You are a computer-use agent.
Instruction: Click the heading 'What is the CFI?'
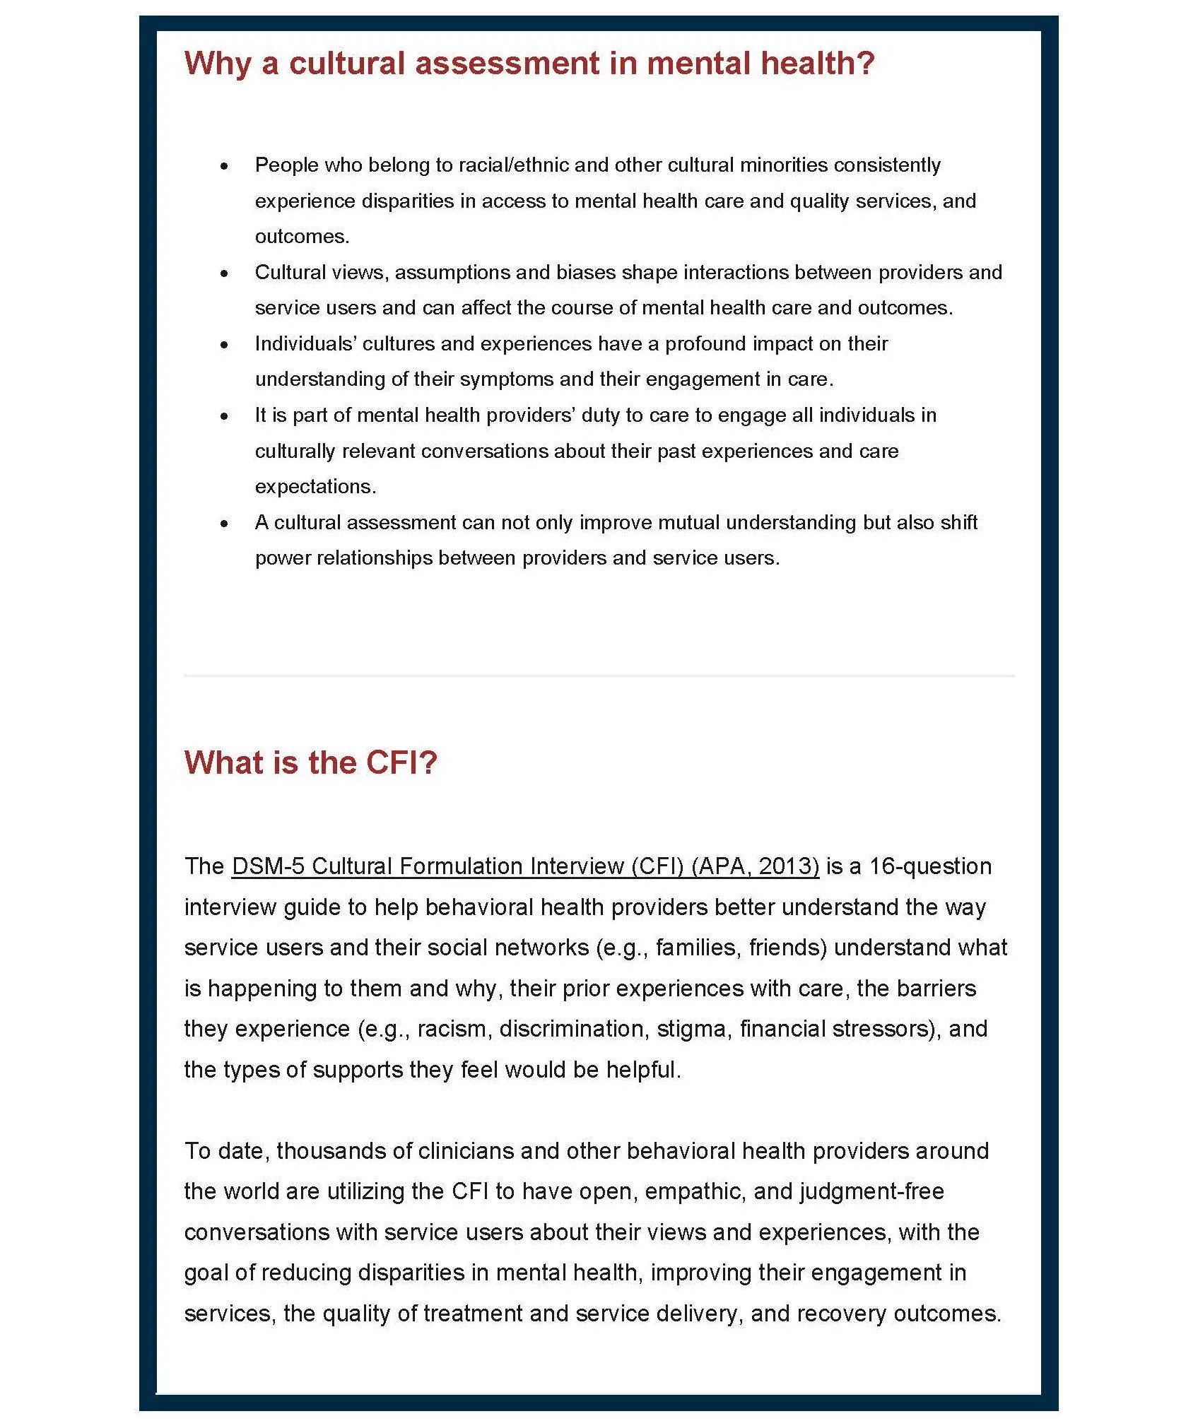pos(311,763)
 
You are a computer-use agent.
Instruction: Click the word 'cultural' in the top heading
pos(346,64)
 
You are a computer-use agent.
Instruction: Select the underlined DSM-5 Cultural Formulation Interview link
pos(525,866)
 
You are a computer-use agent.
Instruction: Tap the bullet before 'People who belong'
pos(224,167)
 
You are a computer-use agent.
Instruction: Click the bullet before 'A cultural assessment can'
pos(224,524)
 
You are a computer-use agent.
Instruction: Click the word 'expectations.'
pos(315,487)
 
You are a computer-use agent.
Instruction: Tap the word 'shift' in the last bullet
pos(959,523)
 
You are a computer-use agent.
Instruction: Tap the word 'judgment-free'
pos(872,1191)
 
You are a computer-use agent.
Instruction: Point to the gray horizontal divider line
pos(599,676)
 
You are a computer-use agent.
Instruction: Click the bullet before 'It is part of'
pos(224,417)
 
